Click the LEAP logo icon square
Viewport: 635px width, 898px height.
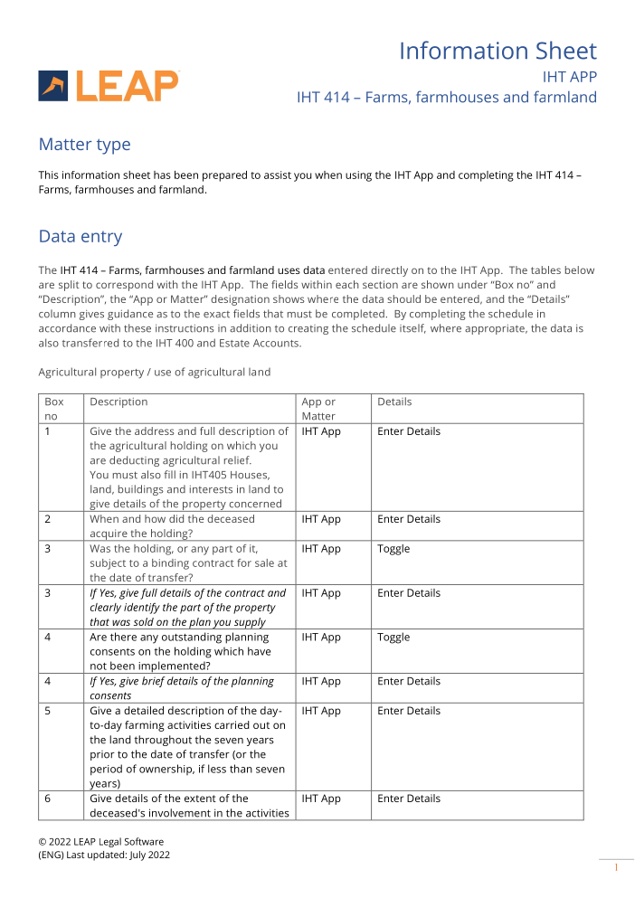(52, 86)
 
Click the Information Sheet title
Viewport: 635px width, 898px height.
(498, 51)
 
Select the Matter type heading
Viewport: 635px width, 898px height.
(84, 145)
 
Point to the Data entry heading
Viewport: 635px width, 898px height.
(80, 237)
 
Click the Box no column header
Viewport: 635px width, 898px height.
(54, 409)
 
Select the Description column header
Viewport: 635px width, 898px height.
(118, 402)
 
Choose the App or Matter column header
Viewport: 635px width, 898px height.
(318, 409)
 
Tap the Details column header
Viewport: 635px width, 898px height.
(394, 402)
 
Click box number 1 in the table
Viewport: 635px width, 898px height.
(48, 431)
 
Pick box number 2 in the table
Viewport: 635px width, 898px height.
(48, 519)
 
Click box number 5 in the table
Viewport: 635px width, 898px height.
(48, 711)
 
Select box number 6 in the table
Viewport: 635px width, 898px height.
(48, 799)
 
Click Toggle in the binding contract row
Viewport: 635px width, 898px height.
(393, 549)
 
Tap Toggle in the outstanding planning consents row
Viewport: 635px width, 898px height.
(393, 638)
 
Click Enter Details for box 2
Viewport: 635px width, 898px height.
(409, 519)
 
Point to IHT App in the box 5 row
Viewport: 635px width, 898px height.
(321, 711)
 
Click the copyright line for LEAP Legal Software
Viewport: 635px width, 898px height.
(100, 842)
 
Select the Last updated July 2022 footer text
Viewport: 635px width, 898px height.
(103, 855)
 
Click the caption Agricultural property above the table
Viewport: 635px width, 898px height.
(154, 372)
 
